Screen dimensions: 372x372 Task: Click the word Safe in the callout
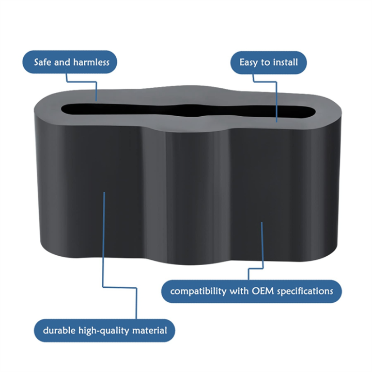coord(43,62)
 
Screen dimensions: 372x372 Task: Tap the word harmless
coord(91,62)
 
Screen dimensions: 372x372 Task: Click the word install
coord(285,62)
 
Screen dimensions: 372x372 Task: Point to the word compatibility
coord(198,291)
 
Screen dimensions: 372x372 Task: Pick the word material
coord(149,330)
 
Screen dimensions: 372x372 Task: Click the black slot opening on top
coord(188,111)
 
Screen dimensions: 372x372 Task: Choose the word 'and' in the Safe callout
coord(63,62)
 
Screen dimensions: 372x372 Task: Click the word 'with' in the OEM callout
coord(239,290)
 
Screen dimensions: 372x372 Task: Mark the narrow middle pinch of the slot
coord(188,111)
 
